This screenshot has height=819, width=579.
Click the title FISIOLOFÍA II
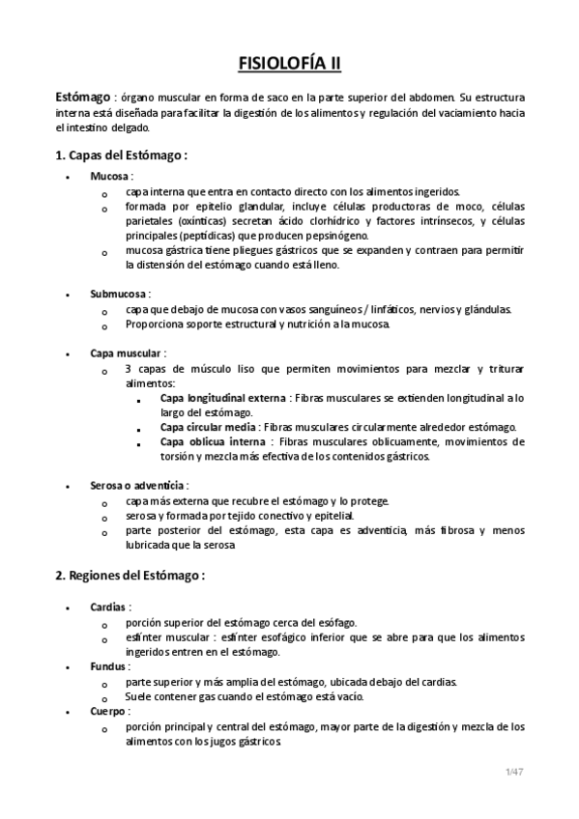[x=289, y=65]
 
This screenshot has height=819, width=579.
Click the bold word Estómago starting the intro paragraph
[x=81, y=99]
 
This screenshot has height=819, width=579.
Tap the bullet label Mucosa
[x=109, y=177]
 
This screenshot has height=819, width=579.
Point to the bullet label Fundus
[x=109, y=666]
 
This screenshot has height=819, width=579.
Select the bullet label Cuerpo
[x=109, y=711]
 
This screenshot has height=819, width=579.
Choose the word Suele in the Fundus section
[x=140, y=696]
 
